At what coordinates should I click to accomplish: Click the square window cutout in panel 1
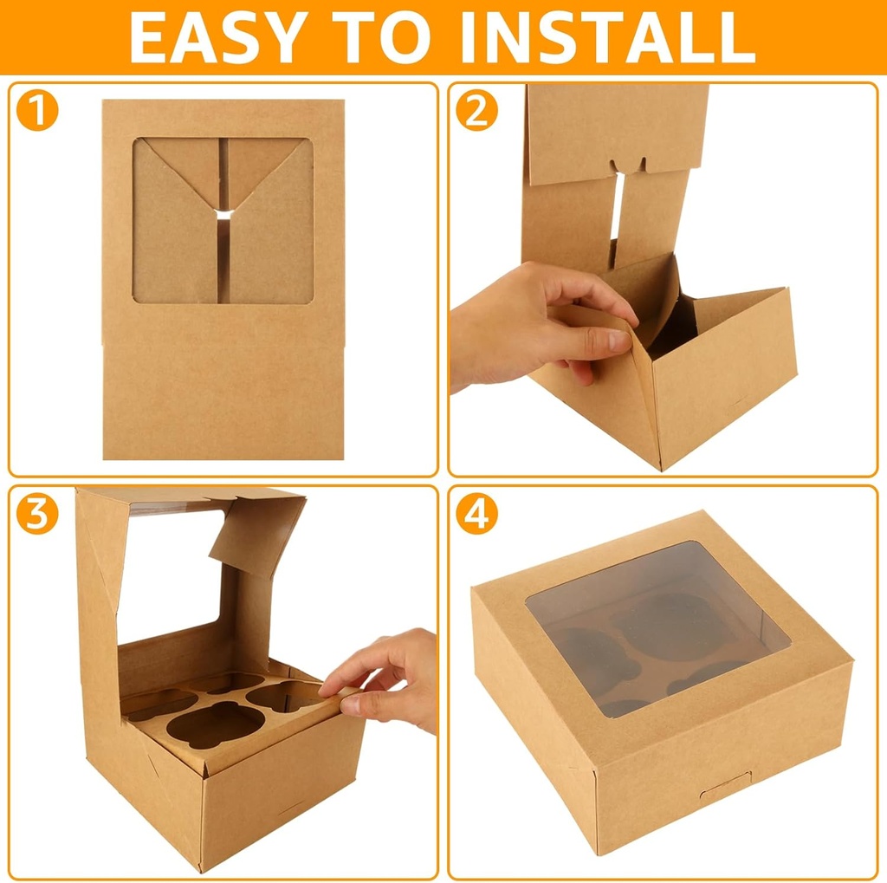point(223,221)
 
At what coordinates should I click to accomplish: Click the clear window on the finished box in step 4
point(657,628)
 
